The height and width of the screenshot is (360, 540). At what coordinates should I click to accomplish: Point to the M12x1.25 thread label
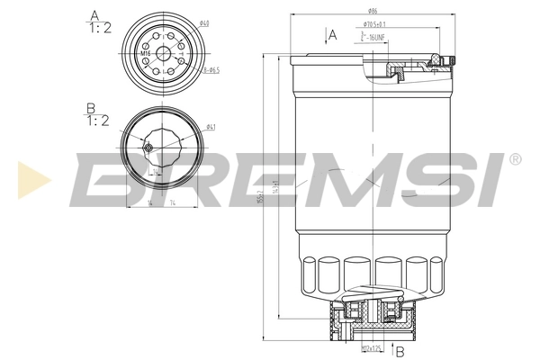click(x=371, y=347)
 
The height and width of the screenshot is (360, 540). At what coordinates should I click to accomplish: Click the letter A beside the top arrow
click(x=333, y=35)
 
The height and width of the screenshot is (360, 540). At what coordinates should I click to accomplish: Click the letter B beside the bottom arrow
click(x=398, y=352)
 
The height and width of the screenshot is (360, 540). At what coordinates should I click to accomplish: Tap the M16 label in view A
click(x=145, y=54)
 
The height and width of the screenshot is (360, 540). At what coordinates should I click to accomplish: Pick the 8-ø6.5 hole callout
click(x=212, y=69)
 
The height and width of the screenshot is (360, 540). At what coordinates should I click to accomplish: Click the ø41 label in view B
click(x=210, y=126)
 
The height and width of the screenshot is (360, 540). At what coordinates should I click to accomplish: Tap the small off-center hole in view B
click(x=148, y=147)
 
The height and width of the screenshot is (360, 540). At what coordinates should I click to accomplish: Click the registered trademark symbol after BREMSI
click(x=514, y=159)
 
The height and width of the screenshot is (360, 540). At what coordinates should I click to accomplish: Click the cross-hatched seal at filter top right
click(x=437, y=60)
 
